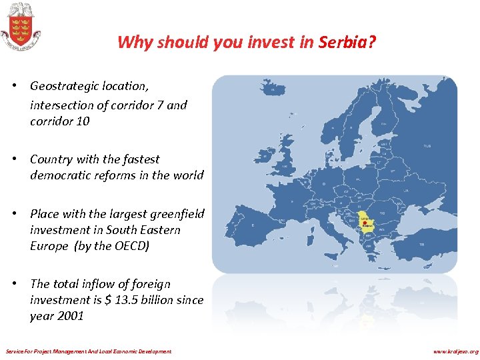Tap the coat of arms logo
[20, 26]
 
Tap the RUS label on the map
[427, 146]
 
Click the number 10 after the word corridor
[82, 121]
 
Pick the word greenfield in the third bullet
[175, 214]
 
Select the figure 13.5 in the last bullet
[127, 300]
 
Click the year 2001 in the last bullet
[71, 316]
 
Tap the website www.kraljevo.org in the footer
[455, 351]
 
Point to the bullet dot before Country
[22, 159]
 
